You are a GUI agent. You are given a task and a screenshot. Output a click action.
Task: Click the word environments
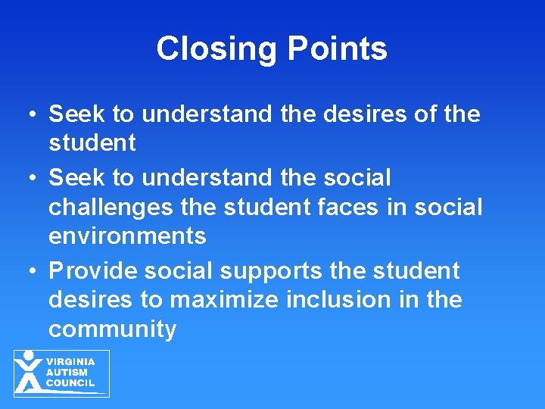[127, 236]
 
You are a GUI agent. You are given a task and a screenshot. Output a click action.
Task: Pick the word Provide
[92, 270]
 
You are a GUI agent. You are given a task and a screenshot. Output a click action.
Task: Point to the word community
[112, 329]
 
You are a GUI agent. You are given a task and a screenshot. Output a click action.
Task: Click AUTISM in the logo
[67, 372]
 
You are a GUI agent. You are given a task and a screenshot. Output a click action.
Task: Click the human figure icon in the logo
[30, 372]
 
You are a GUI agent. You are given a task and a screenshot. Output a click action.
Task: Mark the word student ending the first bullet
[92, 143]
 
